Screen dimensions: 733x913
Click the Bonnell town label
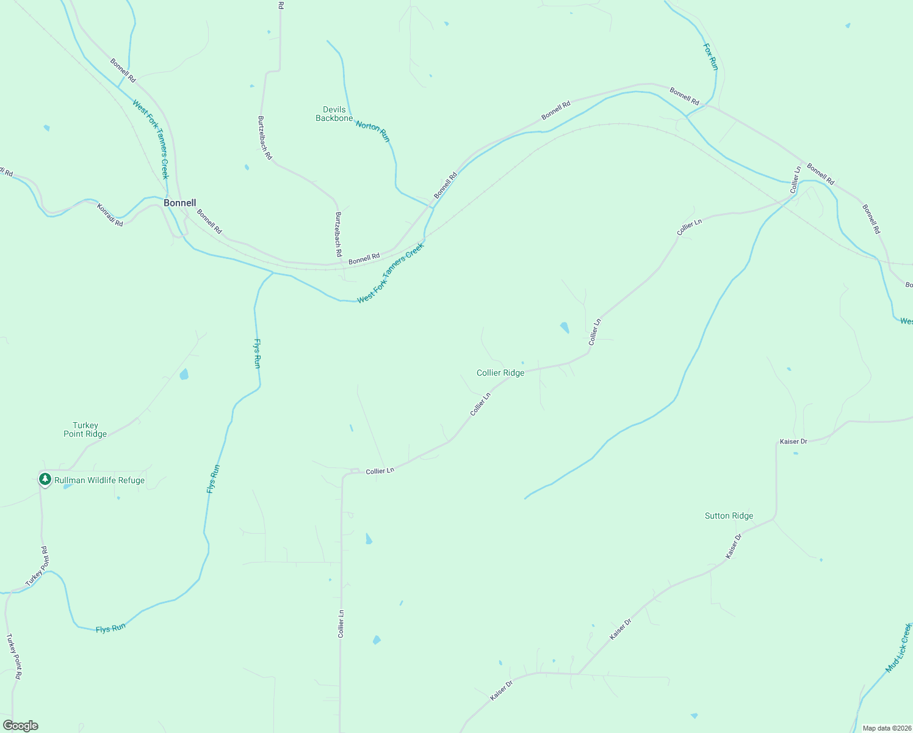point(179,203)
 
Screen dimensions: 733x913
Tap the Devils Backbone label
point(334,114)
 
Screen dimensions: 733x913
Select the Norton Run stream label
point(372,131)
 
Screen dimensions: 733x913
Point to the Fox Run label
point(710,57)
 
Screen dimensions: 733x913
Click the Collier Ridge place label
point(500,373)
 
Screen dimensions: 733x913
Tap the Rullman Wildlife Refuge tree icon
point(45,480)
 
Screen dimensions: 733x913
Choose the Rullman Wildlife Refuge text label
point(99,480)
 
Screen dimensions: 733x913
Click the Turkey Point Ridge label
point(85,429)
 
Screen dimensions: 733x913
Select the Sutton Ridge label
point(729,516)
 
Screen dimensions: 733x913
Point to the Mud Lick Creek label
point(898,648)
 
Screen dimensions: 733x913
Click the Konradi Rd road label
point(110,215)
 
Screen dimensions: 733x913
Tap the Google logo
point(20,726)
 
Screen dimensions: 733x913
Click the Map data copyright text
point(886,728)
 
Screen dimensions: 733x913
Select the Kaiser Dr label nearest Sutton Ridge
point(734,546)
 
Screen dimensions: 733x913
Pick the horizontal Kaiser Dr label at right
point(793,441)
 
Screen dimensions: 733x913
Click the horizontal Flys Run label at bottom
point(110,628)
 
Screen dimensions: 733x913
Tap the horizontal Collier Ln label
point(380,471)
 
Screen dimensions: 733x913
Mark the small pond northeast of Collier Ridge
point(565,327)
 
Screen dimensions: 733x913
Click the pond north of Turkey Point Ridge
point(184,374)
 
